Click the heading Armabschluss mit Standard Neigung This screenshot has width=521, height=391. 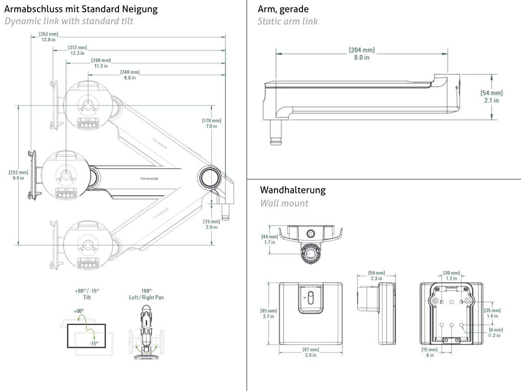point(81,9)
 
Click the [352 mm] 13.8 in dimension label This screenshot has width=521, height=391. point(48,37)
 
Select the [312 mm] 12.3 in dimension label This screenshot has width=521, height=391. point(77,50)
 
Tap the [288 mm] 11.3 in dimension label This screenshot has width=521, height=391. point(101,63)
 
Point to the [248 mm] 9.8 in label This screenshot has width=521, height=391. point(130,75)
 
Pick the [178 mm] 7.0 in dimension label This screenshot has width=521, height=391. point(211,123)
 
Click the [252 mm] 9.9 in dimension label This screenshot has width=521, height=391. point(18,175)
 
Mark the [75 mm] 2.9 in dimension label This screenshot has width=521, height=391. point(211,224)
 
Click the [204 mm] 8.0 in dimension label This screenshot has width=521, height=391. point(361,53)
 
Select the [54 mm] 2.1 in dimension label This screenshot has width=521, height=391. point(491,96)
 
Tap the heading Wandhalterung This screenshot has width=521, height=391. point(293,190)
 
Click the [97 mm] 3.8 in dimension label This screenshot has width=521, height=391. point(310,352)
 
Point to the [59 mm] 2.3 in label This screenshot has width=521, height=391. point(376,275)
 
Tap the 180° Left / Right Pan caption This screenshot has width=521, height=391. point(146,294)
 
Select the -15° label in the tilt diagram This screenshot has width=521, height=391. point(93,343)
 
